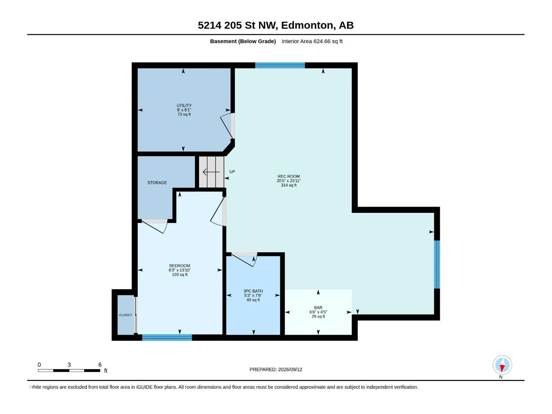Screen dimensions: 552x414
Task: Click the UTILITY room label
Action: (x=184, y=106)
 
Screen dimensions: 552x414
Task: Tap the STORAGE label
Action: (x=157, y=183)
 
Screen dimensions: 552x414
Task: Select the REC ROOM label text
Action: (x=288, y=176)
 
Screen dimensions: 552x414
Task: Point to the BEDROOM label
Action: (x=179, y=266)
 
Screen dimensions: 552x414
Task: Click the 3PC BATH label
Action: (x=253, y=291)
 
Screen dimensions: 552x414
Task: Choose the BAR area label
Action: (x=318, y=308)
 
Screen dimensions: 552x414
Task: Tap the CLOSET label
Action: (x=126, y=315)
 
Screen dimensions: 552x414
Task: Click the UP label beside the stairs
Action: (x=232, y=172)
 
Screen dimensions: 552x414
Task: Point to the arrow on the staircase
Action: (x=211, y=172)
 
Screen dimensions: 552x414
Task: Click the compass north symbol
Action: (x=502, y=365)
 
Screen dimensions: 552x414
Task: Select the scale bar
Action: (x=69, y=371)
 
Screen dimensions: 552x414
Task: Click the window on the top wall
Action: (x=280, y=65)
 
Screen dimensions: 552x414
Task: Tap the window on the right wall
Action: (x=437, y=264)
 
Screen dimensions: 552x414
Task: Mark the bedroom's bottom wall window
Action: (x=167, y=338)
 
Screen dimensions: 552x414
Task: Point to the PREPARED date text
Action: (x=276, y=369)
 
